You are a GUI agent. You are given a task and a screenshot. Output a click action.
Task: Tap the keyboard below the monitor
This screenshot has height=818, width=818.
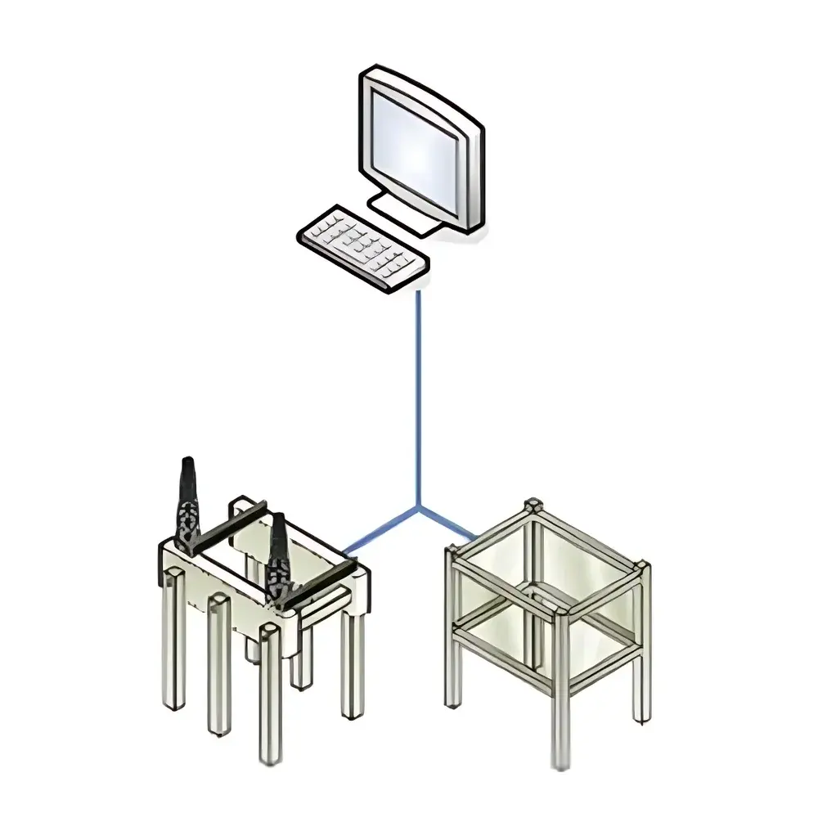click(x=362, y=246)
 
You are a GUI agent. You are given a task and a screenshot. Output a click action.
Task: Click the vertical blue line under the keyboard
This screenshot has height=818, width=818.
click(x=418, y=393)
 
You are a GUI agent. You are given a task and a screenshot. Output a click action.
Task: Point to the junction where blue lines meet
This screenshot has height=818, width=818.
click(x=418, y=507)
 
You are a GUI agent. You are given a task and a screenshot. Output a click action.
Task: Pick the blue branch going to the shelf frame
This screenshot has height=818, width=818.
click(x=450, y=524)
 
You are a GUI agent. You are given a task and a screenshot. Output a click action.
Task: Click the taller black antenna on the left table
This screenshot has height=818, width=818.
click(x=188, y=507)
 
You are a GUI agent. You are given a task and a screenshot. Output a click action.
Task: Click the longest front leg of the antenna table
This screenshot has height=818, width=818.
click(x=270, y=695)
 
